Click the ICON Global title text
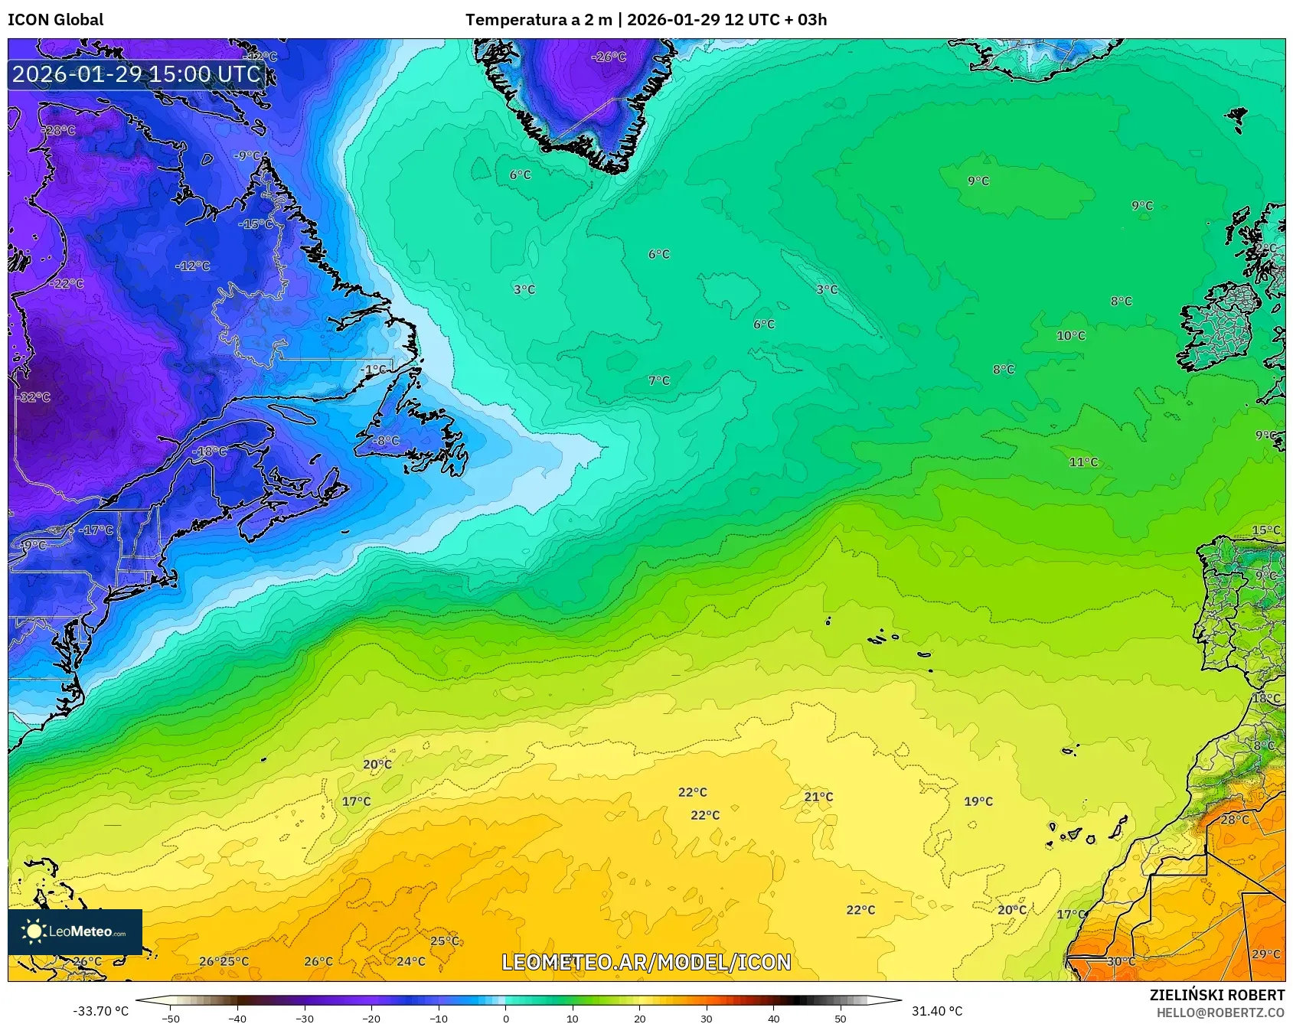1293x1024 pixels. click(x=55, y=20)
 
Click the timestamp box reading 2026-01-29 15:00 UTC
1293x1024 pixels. click(x=136, y=74)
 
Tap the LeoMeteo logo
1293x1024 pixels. click(x=75, y=931)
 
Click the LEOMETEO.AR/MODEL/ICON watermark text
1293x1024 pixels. click(x=646, y=962)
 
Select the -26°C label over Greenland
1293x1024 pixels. click(x=609, y=57)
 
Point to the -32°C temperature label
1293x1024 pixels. click(x=33, y=397)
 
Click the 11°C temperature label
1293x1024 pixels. click(x=1083, y=461)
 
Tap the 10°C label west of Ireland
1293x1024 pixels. click(x=1070, y=335)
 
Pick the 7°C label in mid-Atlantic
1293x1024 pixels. click(x=658, y=380)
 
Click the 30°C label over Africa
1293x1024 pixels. click(x=1121, y=961)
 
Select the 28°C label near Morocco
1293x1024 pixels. click(x=1234, y=820)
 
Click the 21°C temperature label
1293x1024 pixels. click(x=818, y=797)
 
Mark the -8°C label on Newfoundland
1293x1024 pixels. click(x=386, y=441)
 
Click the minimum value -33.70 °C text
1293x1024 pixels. click(x=100, y=1011)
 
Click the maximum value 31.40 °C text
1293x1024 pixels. click(x=937, y=1011)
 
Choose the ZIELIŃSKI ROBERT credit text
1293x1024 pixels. click(x=1216, y=995)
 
